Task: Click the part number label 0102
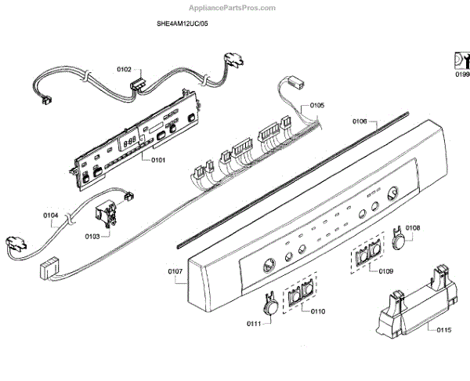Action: pyautogui.click(x=125, y=70)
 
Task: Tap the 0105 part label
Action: pyautogui.click(x=317, y=105)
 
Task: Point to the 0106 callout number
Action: pyautogui.click(x=360, y=121)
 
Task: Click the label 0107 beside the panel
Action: pyautogui.click(x=175, y=272)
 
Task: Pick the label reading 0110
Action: pyautogui.click(x=318, y=311)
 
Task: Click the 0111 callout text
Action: pyautogui.click(x=253, y=324)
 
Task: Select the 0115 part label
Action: pyautogui.click(x=443, y=330)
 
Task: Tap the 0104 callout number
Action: pyautogui.click(x=51, y=215)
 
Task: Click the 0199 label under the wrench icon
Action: pyautogui.click(x=461, y=74)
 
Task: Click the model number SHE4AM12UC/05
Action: pyautogui.click(x=183, y=24)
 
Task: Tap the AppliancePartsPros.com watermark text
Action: pyautogui.click(x=235, y=8)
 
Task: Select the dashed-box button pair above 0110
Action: pyautogui.click(x=300, y=294)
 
